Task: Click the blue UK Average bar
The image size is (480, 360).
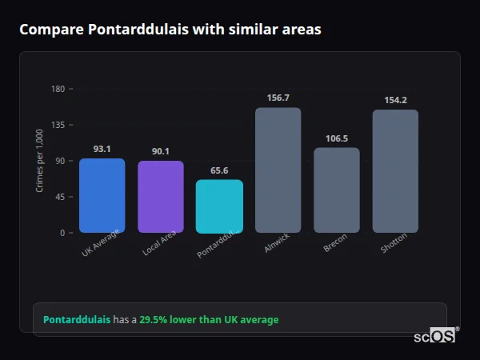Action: pos(102,195)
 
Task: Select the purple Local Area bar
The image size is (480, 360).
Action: pos(160,197)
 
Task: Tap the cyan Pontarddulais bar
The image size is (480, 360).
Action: pos(219,206)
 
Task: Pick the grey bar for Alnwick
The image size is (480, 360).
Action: pos(278,170)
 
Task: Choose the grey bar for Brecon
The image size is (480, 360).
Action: pos(336,190)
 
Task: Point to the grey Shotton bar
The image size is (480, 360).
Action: pos(395,171)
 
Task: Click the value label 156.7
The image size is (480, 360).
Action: pos(278,98)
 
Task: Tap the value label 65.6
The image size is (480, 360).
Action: pos(219,170)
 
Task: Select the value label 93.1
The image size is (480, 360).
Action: pos(102,149)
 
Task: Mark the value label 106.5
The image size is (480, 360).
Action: pos(336,138)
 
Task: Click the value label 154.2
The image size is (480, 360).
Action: pos(395,100)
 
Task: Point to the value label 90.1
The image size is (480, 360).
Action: pos(160,151)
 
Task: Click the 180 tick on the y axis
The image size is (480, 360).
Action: pos(58,89)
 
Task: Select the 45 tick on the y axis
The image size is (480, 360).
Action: pos(60,197)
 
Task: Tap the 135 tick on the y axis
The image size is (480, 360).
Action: pos(58,125)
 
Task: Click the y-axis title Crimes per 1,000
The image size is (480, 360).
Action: pos(39,161)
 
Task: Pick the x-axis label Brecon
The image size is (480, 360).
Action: pos(335,245)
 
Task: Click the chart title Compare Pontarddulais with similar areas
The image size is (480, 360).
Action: pos(170,30)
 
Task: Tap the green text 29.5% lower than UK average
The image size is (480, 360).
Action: pos(209,320)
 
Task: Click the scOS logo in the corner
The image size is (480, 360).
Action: pos(435,336)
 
